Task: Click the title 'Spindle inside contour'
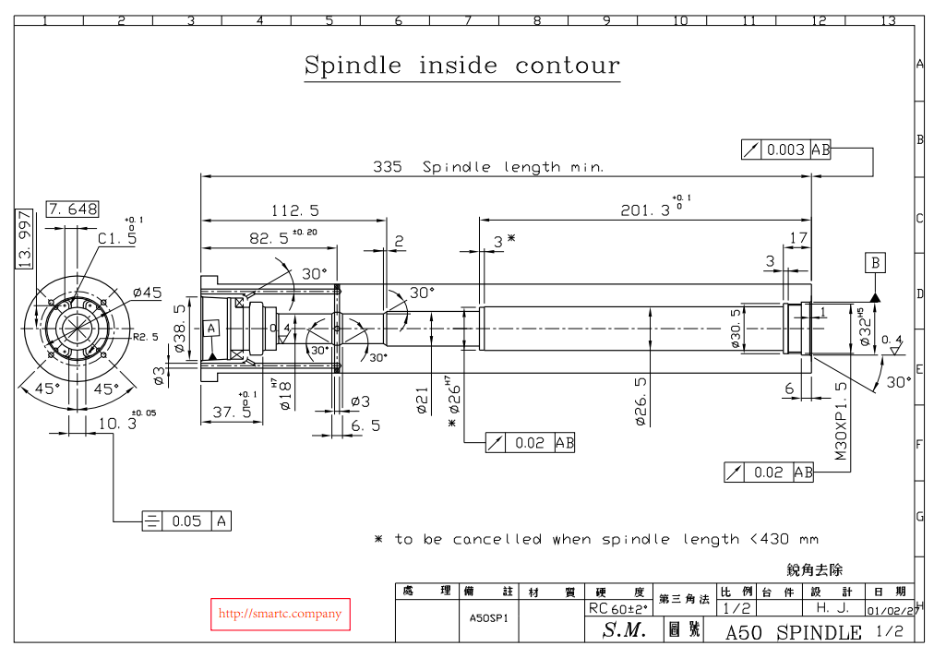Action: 461,66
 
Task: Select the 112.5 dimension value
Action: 295,210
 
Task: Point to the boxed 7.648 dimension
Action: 72,209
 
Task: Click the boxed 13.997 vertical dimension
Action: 26,238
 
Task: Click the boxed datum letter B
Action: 875,263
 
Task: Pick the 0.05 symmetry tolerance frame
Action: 186,520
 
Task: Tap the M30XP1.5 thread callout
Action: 842,421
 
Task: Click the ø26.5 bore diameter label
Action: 641,401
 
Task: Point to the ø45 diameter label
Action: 147,293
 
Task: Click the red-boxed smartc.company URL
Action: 280,614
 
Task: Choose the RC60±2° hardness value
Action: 618,609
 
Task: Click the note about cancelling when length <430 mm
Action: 596,539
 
